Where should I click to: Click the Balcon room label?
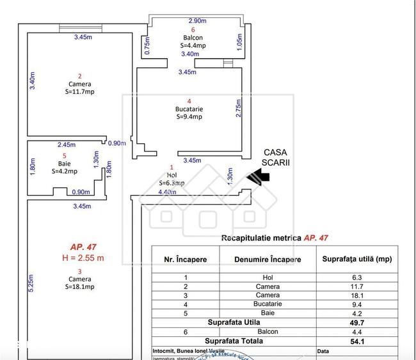coord(193,38)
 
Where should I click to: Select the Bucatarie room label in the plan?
coord(189,109)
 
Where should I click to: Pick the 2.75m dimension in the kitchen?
coord(239,108)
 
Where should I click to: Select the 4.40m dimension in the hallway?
coord(167,191)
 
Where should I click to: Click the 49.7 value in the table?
coord(356,323)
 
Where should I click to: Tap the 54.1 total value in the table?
coord(356,341)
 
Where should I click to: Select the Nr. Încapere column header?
coord(185,260)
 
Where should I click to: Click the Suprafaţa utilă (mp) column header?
coord(356,260)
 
